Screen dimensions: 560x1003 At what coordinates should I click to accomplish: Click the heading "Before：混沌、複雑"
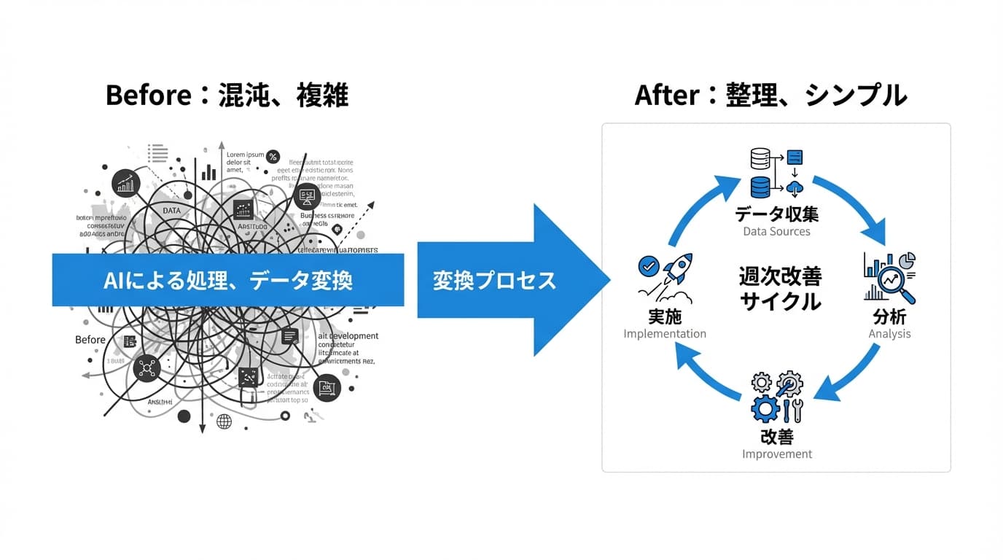[x=227, y=96]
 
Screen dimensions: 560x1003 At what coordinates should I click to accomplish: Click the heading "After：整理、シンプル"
[x=770, y=96]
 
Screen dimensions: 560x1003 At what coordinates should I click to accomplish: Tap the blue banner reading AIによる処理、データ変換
[x=227, y=280]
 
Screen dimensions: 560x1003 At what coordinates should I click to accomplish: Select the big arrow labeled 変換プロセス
[x=510, y=281]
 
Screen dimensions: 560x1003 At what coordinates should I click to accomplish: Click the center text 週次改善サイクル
[x=780, y=288]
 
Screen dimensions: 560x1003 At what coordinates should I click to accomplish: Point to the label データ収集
[x=776, y=214]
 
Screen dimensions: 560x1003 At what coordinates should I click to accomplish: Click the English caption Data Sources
[x=776, y=231]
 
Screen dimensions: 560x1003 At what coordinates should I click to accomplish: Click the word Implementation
[x=665, y=334]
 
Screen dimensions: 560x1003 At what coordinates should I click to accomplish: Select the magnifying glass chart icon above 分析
[x=889, y=277]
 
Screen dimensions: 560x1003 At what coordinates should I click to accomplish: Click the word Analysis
[x=889, y=334]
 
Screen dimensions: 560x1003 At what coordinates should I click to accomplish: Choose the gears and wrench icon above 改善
[x=777, y=397]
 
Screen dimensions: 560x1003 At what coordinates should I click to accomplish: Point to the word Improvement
[x=777, y=454]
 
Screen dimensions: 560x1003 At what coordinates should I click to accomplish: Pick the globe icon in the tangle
[x=225, y=421]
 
